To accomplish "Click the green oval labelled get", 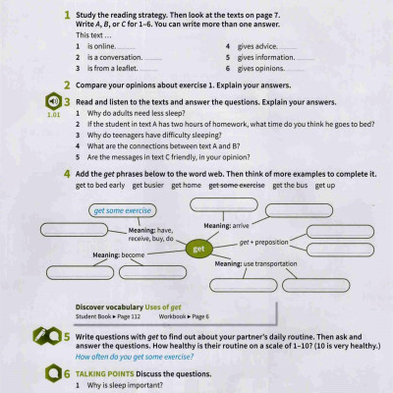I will pyautogui.click(x=197, y=249).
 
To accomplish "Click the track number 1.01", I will pyautogui.click(x=52, y=114).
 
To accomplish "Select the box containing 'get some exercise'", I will pyautogui.click(x=122, y=210).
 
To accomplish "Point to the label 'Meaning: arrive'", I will pyautogui.click(x=225, y=225).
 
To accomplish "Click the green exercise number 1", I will pyautogui.click(x=66, y=17).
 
